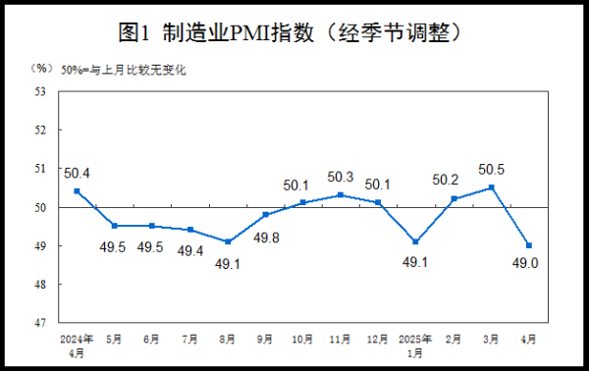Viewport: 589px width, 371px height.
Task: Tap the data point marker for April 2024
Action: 77,190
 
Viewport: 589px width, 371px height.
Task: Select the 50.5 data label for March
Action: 491,170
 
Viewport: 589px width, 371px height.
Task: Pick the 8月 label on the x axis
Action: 228,339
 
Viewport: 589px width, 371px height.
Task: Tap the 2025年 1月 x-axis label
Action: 416,344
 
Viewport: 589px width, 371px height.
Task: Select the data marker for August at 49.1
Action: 228,241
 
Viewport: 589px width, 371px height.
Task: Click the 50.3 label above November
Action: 341,177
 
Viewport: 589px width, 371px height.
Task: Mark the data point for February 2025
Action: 454,198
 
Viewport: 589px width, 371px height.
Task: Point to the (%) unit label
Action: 40,69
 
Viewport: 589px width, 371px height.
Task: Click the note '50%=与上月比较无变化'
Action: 123,69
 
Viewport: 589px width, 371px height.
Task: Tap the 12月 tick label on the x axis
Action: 378,339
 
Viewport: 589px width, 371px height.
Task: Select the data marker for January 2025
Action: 416,241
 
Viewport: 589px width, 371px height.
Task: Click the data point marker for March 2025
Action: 491,186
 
